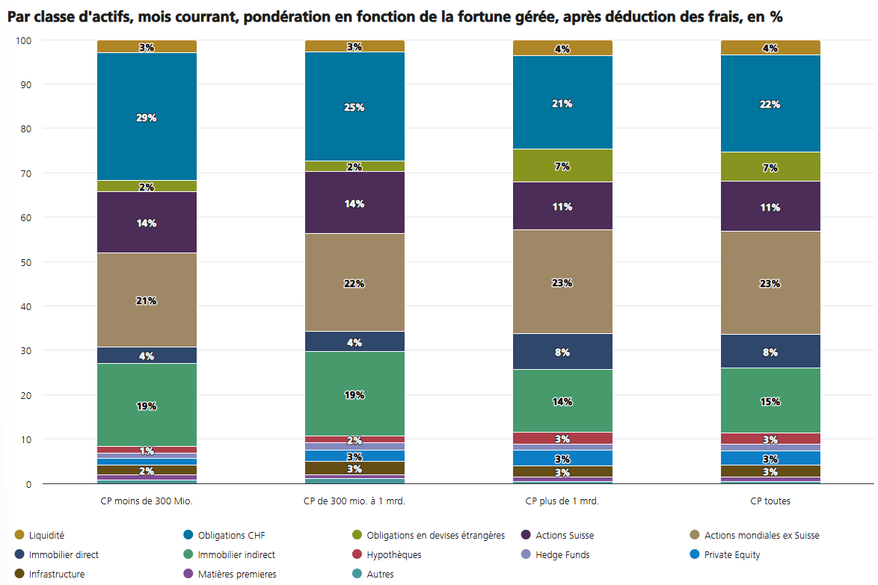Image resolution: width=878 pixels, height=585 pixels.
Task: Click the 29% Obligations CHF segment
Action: point(147,117)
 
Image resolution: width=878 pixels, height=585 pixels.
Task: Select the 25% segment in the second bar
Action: point(354,106)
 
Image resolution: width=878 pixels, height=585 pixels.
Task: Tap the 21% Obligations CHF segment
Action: point(562,102)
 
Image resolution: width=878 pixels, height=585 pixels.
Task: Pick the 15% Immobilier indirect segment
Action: point(770,400)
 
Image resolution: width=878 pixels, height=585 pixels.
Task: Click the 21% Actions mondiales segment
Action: point(147,300)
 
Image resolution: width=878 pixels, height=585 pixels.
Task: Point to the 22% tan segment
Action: point(354,282)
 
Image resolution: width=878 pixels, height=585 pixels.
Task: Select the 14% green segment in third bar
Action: point(562,400)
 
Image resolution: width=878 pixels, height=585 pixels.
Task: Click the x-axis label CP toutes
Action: point(770,501)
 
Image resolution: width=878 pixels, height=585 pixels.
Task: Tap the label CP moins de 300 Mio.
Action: point(147,501)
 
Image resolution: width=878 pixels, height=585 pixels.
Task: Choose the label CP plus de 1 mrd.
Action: point(562,501)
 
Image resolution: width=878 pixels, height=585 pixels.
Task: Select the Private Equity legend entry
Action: point(733,555)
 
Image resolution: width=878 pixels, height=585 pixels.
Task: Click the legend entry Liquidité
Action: point(46,536)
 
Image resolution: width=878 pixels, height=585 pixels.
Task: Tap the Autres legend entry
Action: point(380,575)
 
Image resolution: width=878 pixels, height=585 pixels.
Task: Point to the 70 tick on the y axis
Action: point(27,173)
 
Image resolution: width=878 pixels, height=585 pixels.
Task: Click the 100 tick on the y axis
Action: point(25,40)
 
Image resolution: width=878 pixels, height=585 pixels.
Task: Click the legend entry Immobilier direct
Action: point(64,555)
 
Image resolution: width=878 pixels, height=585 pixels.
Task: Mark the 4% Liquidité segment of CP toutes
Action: point(770,48)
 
